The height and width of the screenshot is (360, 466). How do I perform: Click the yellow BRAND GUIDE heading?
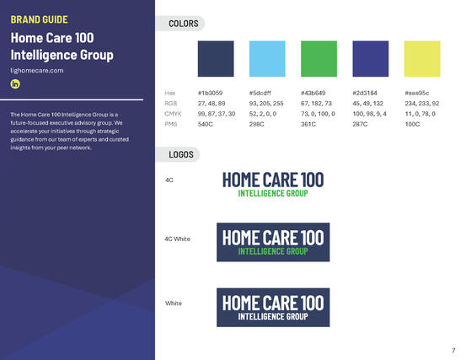[x=39, y=19]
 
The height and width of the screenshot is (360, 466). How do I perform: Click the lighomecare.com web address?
[x=37, y=70]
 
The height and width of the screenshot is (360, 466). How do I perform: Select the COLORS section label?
[x=183, y=24]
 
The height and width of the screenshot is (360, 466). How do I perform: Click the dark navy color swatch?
[x=216, y=58]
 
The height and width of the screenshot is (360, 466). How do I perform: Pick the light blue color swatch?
[x=267, y=58]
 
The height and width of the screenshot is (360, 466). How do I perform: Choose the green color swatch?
[x=319, y=58]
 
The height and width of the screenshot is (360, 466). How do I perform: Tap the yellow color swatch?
[x=421, y=58]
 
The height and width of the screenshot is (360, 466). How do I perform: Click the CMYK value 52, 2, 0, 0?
[x=265, y=113]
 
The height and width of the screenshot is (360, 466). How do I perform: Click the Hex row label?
[x=170, y=91]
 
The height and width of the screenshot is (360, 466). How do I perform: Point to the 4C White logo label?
[x=177, y=239]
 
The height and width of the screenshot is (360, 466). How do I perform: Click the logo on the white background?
[x=272, y=184]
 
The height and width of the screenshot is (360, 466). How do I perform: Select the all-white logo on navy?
[x=272, y=307]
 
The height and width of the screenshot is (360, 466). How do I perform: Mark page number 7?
[x=453, y=349]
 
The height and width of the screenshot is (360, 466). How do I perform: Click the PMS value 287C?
[x=361, y=124]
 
